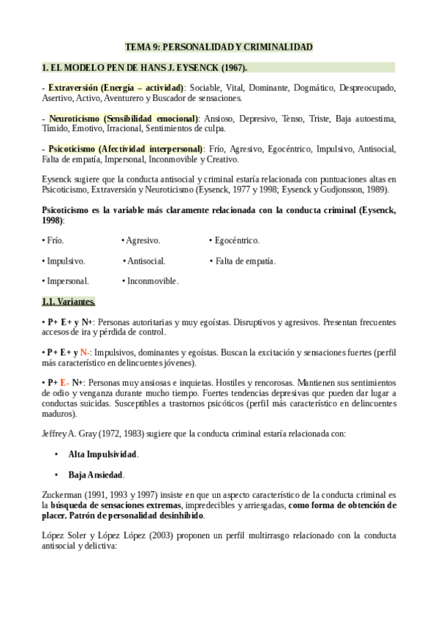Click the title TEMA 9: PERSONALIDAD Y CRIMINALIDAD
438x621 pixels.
tap(219, 47)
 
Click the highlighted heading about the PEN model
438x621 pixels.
tap(144, 67)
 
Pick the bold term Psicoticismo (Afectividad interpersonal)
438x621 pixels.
tap(126, 149)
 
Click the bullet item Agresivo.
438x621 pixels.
tap(143, 240)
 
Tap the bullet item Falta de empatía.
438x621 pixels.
tap(245, 261)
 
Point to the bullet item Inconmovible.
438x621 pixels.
tap(152, 280)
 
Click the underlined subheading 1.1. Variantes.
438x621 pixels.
tap(69, 301)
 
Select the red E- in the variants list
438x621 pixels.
tap(64, 382)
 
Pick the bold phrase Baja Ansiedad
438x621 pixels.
tap(96, 475)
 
